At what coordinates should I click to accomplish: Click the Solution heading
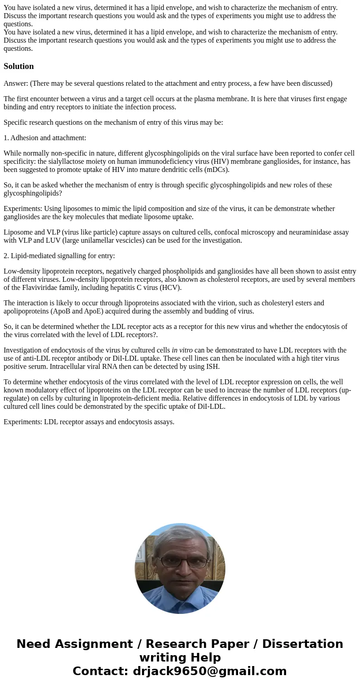click(19, 66)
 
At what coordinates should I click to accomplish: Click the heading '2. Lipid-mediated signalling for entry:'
click(59, 256)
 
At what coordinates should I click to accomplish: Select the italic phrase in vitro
click(182, 350)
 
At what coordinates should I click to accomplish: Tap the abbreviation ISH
click(213, 367)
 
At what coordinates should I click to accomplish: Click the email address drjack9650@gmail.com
click(209, 671)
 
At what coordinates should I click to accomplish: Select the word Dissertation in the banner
click(302, 644)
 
